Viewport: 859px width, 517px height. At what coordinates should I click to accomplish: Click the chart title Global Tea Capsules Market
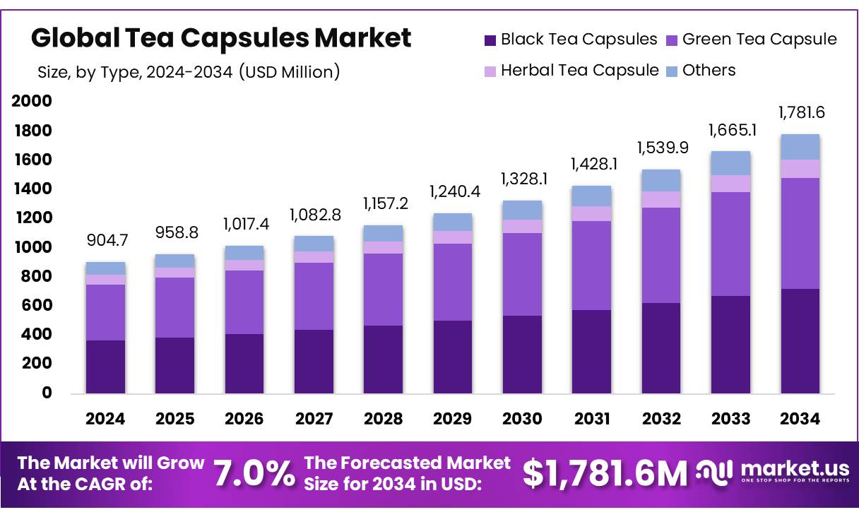(221, 37)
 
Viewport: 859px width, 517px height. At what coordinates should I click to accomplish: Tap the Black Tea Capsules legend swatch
(490, 40)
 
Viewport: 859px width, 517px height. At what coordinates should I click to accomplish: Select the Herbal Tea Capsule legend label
(579, 71)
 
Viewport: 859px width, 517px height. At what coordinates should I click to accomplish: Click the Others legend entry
(709, 71)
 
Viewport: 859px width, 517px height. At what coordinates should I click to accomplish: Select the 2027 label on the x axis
(314, 419)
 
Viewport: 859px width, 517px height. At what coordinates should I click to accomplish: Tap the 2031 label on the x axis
(592, 419)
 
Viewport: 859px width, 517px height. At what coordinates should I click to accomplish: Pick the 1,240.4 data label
(453, 191)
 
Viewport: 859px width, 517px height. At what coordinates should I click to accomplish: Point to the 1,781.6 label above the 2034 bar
(801, 112)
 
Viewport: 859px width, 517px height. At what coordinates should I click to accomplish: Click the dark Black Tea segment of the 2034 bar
(800, 340)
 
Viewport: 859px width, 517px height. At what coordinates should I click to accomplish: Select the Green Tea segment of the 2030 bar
(522, 274)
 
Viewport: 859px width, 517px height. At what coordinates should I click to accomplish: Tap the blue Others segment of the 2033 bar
(730, 163)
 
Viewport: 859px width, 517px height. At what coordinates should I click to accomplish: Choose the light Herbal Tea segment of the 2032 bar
(661, 199)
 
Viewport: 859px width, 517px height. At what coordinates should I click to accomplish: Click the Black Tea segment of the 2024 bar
(106, 367)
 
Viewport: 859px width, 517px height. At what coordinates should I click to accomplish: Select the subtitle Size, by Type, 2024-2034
(189, 71)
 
